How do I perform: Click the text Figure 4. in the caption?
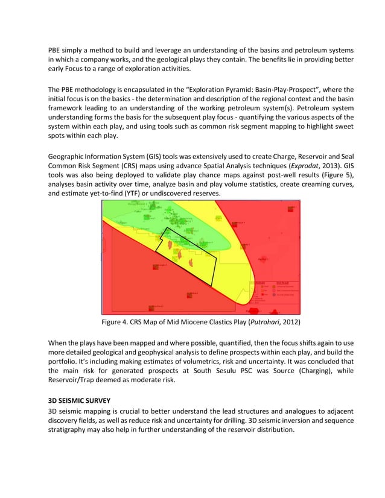point(116,321)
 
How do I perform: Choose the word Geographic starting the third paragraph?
point(69,156)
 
